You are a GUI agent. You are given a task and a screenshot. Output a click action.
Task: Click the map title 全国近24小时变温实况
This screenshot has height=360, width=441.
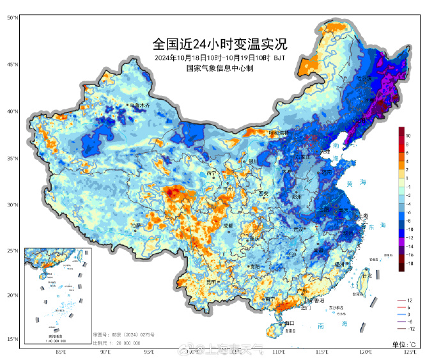tap(220, 45)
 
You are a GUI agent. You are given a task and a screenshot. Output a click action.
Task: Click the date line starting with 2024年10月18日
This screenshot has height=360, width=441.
tap(220, 58)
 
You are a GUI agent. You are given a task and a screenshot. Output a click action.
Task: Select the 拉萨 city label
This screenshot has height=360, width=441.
tap(135, 226)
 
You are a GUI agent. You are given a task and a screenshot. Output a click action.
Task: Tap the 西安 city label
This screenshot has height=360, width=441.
tap(263, 194)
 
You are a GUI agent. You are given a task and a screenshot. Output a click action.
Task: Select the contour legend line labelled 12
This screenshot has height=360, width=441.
tap(409, 300)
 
